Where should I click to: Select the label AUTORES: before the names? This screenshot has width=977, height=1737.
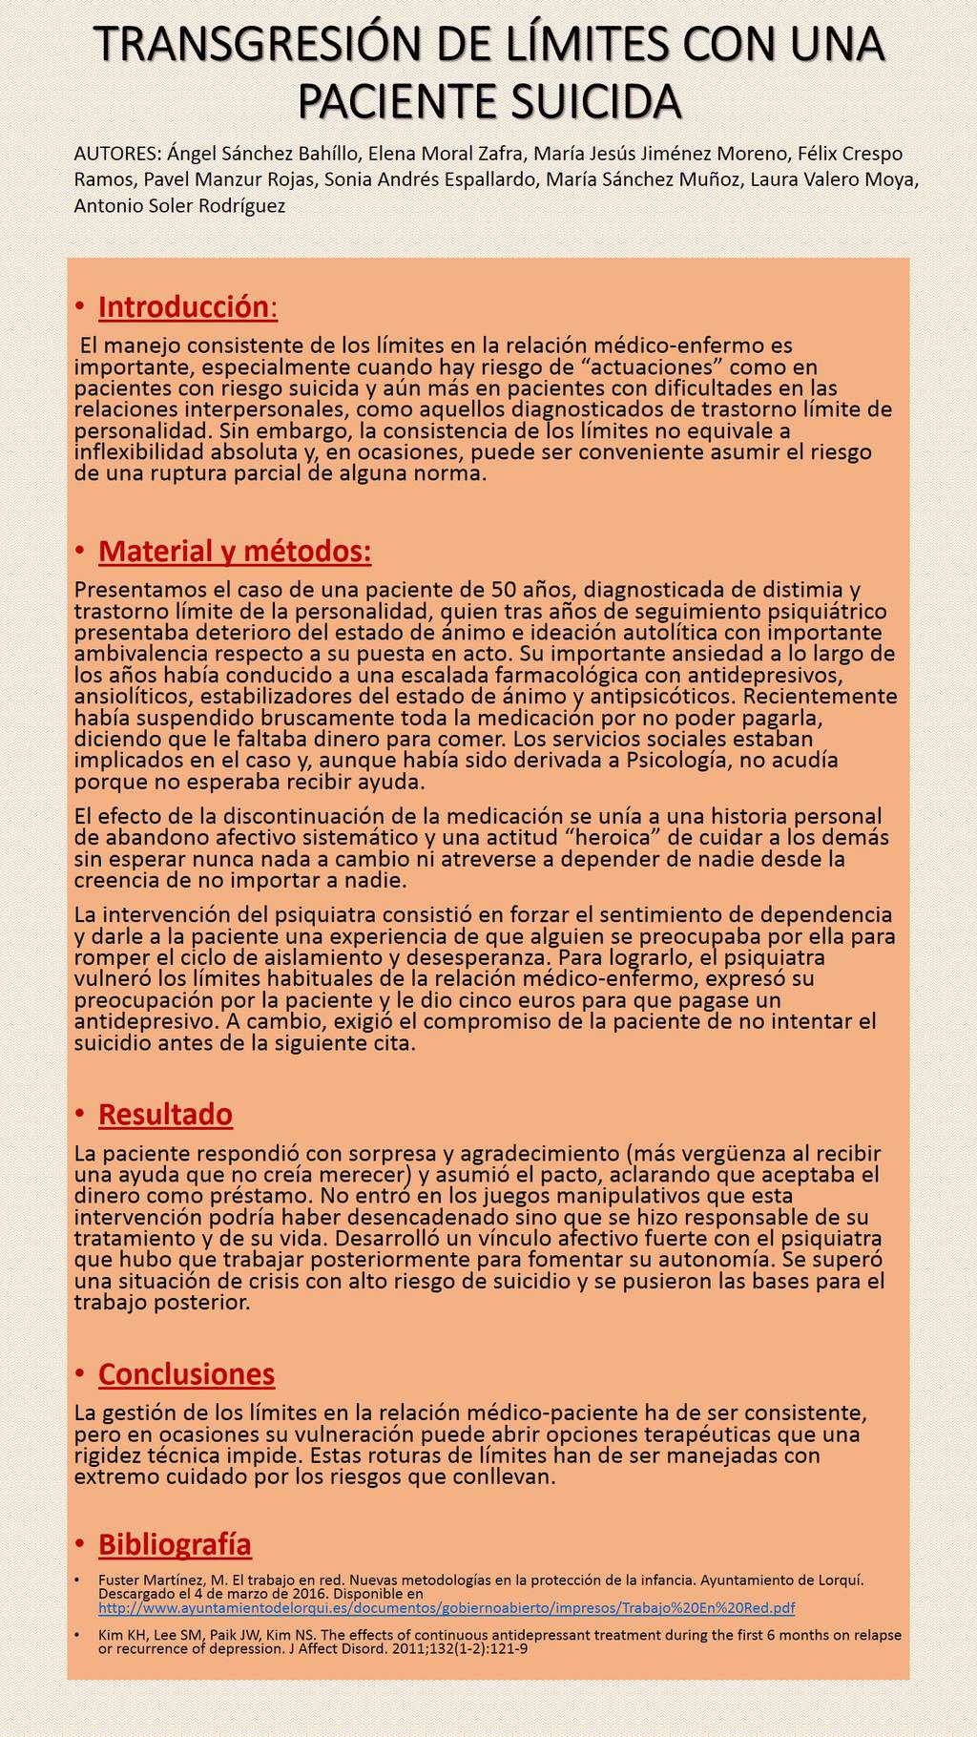tap(116, 154)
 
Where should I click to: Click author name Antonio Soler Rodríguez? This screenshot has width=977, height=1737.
tap(179, 206)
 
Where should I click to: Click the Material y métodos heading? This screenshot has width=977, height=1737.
tap(235, 552)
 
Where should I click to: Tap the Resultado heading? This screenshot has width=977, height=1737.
tap(165, 1114)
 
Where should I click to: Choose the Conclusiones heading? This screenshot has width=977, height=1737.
tap(186, 1374)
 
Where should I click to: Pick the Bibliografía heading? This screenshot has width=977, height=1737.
tap(175, 1544)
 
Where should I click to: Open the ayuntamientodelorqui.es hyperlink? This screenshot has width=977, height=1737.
tap(447, 1609)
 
